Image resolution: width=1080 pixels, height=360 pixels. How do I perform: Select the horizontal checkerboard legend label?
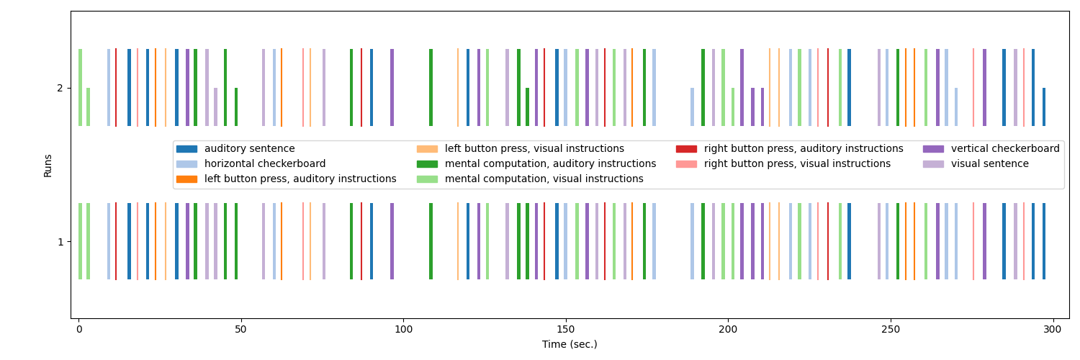point(265,164)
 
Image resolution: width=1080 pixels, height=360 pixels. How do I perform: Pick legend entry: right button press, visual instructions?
point(797,164)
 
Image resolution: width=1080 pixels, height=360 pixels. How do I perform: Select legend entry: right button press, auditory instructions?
point(804,149)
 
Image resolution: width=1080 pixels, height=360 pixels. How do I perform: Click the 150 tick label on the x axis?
point(566,330)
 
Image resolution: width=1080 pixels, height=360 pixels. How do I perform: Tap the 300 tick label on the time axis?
point(1053,330)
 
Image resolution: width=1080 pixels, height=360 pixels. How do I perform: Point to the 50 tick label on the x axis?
point(241,330)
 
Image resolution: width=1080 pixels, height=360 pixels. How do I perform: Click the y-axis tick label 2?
point(60,88)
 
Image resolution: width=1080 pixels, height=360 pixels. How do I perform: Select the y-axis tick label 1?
point(60,242)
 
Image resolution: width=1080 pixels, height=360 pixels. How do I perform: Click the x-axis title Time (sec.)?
point(570,345)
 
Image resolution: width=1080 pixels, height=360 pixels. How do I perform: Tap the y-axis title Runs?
point(48,165)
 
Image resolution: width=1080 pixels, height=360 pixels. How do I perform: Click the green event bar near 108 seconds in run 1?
point(431,241)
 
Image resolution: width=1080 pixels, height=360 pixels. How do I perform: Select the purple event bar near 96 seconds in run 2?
point(392,88)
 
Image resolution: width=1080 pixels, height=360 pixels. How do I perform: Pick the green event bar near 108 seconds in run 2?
point(431,88)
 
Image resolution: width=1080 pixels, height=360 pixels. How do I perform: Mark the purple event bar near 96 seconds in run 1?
point(392,241)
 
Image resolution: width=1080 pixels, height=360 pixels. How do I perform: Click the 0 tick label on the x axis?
point(79,330)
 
